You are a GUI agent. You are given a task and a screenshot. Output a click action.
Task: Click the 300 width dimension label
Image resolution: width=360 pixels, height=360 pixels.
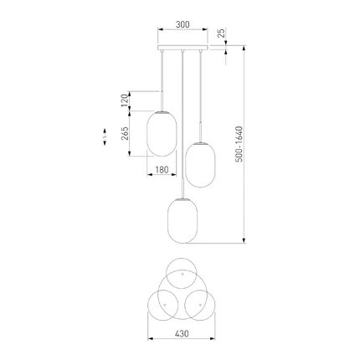click(x=183, y=24)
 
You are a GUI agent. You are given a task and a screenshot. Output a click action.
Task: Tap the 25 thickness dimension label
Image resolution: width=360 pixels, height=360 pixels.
click(x=221, y=33)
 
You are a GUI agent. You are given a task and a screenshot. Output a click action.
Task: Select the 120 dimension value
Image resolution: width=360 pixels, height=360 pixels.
click(x=125, y=100)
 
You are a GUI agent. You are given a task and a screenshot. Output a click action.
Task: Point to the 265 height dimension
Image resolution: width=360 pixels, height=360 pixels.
click(x=125, y=133)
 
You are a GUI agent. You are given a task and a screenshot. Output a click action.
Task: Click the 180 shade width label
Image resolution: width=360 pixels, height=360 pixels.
click(x=162, y=170)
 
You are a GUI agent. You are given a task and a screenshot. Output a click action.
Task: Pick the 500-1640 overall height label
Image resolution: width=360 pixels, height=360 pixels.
click(x=239, y=144)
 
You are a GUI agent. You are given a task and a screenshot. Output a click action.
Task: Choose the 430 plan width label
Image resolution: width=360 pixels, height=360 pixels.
click(x=182, y=333)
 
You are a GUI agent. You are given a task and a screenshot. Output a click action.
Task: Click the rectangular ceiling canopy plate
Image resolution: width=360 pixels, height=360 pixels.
click(x=183, y=48)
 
